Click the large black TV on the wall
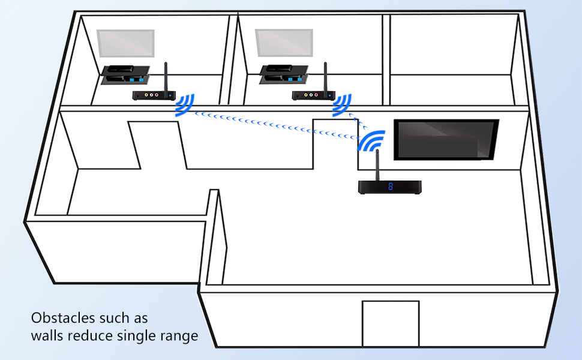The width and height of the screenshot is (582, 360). point(446,140)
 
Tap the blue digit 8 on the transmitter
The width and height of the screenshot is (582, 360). point(391,187)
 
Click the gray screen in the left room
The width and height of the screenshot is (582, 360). point(126,44)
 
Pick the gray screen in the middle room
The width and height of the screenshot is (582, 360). point(284,44)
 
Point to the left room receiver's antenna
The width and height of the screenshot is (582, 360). point(166,76)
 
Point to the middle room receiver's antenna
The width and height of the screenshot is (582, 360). point(325,76)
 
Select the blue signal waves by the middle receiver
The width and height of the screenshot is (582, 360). point(343,105)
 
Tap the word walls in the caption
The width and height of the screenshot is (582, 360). point(47,335)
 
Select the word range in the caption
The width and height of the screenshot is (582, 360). point(179,335)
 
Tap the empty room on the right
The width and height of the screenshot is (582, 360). point(453,57)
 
